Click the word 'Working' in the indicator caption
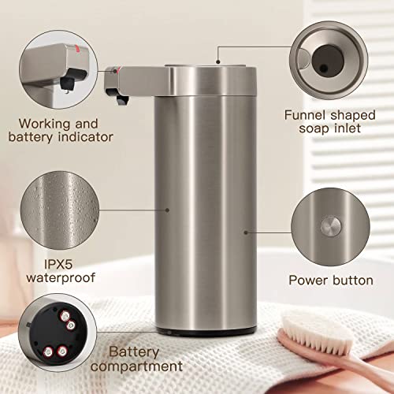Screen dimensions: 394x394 pyautogui.click(x=45, y=124)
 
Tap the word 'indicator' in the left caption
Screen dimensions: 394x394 pyautogui.click(x=86, y=137)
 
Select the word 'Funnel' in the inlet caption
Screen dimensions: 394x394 pyautogui.click(x=305, y=115)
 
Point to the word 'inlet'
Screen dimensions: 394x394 pyautogui.click(x=348, y=128)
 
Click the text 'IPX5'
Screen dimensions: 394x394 pyautogui.click(x=58, y=264)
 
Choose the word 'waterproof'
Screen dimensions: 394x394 pyautogui.click(x=61, y=278)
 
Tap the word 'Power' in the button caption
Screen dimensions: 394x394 pyautogui.click(x=305, y=281)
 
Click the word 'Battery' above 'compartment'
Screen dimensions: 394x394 pyautogui.click(x=134, y=352)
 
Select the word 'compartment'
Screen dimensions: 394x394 pyautogui.click(x=136, y=366)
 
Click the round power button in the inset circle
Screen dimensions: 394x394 pyautogui.click(x=331, y=226)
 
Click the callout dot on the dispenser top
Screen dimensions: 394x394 pyautogui.click(x=217, y=62)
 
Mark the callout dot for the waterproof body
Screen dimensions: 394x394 pyautogui.click(x=167, y=210)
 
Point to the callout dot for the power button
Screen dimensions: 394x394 pyautogui.click(x=246, y=232)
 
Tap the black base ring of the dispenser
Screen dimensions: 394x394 pyautogui.click(x=206, y=333)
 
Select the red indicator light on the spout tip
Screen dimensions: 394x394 pyautogui.click(x=118, y=70)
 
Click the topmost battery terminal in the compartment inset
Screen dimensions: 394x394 pyautogui.click(x=65, y=316)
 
